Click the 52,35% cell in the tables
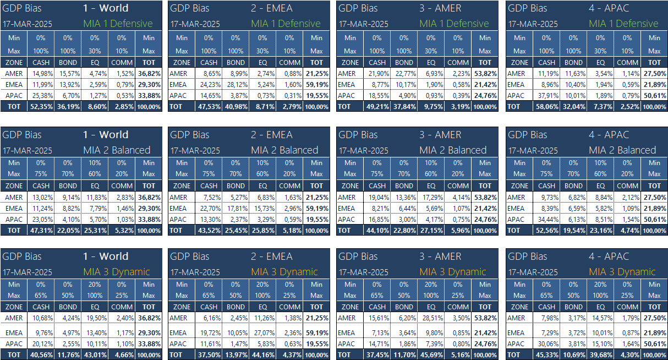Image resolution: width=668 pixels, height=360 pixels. [x=41, y=107]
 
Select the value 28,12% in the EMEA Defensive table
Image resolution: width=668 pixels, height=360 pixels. [x=236, y=85]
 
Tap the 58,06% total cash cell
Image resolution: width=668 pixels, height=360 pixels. [x=546, y=107]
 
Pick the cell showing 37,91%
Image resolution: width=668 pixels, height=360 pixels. [x=546, y=96]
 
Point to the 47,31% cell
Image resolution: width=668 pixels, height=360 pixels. [x=41, y=230]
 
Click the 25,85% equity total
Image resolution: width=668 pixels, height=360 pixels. [x=262, y=230]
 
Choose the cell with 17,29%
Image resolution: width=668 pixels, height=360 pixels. [x=431, y=197]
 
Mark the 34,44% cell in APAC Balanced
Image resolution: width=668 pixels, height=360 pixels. [x=546, y=219]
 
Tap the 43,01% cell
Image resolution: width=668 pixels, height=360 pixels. [x=95, y=355]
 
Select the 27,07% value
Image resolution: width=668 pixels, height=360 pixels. [x=262, y=332]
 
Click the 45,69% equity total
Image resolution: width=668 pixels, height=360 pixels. [x=431, y=355]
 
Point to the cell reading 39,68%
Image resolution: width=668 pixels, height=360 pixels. [x=600, y=355]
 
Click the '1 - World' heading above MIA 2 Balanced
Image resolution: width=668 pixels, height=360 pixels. [x=106, y=135]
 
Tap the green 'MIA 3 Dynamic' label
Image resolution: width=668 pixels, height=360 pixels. [x=117, y=272]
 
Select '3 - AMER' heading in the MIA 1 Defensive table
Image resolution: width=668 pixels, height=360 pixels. [x=440, y=8]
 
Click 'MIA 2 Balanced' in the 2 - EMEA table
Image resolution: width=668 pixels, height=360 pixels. [x=284, y=150]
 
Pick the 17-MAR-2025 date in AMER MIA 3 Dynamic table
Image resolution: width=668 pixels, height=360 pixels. [x=363, y=272]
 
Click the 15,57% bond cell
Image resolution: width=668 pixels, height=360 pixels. [x=68, y=74]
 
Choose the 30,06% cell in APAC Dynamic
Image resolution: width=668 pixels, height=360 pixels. [x=546, y=344]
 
